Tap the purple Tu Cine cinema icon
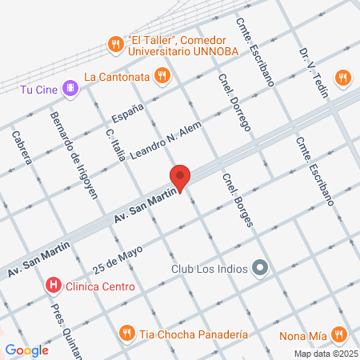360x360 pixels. (x=70, y=88)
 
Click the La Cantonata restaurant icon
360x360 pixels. (x=162, y=76)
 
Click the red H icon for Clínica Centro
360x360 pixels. (x=53, y=285)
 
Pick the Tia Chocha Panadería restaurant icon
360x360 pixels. (x=126, y=333)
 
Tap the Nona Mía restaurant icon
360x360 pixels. (x=339, y=334)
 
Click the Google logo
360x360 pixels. (x=27, y=350)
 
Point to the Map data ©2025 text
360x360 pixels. (x=325, y=354)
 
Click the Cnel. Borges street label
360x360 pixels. (x=238, y=201)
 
